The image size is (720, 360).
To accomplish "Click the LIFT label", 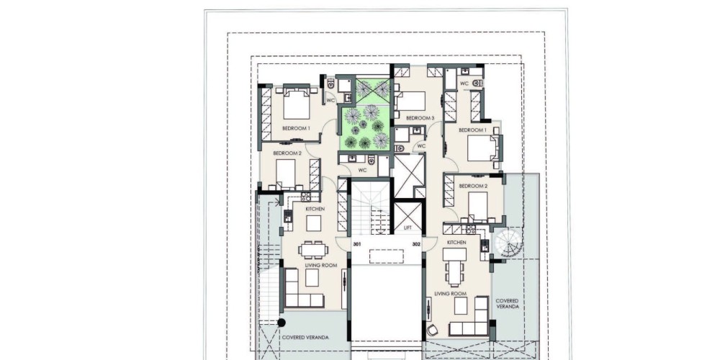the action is (x=408, y=228).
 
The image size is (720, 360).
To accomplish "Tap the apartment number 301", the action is (x=357, y=244).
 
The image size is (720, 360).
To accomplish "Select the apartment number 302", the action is (x=416, y=244).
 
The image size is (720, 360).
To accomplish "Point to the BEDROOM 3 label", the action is (x=420, y=118).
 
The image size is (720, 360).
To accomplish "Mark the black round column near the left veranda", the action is (x=282, y=323).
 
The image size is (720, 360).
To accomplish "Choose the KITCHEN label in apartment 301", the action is (x=315, y=209).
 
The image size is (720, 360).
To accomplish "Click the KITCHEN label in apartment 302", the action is (x=456, y=242).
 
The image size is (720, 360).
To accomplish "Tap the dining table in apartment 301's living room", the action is (x=313, y=250).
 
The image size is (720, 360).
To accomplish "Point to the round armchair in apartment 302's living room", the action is (x=433, y=330).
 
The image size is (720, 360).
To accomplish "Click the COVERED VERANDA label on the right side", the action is (x=508, y=304).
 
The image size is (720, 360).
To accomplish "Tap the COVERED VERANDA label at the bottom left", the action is (x=305, y=338).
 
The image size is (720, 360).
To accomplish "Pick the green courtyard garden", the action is (x=366, y=115).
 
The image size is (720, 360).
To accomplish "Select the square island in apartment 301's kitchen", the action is (x=314, y=223).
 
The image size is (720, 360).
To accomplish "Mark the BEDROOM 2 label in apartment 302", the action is (x=473, y=186).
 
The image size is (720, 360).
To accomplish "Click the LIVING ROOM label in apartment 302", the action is (x=451, y=294).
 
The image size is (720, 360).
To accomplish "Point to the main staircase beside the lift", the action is (x=370, y=207).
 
